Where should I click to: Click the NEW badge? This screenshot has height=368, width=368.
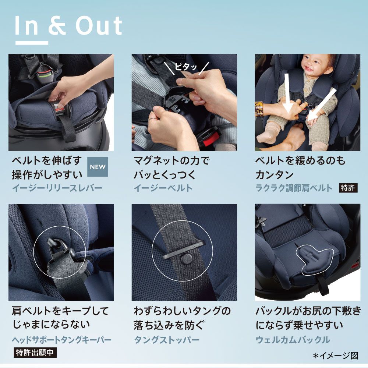point(98,167)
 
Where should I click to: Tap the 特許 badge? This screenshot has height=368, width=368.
point(348,188)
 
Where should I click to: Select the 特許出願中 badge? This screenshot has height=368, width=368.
point(35,353)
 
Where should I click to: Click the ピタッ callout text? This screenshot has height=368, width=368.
point(186,67)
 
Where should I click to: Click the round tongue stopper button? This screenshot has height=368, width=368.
point(187,259)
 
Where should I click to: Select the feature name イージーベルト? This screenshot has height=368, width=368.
point(163,188)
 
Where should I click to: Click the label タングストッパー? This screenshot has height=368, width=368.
point(167,340)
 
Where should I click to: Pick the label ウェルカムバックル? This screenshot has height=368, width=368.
point(293,340)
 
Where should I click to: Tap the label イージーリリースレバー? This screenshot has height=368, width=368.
point(57,188)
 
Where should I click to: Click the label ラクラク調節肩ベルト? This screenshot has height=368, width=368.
point(294,188)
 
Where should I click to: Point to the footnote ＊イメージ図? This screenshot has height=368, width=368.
point(336,356)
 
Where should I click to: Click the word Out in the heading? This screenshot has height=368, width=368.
point(99,26)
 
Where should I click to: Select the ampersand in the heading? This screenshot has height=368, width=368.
point(57,26)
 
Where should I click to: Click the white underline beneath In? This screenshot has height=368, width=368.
point(32,43)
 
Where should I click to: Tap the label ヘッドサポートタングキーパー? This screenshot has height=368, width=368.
point(62,340)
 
